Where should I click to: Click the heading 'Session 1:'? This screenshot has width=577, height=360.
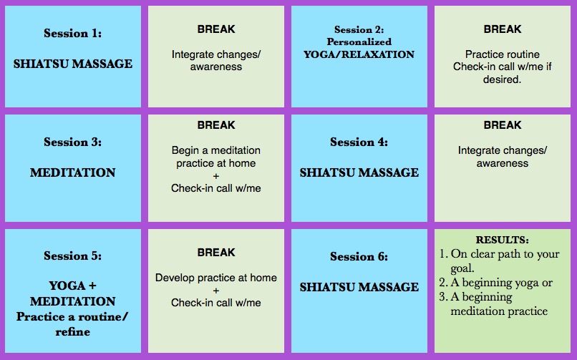(72, 33)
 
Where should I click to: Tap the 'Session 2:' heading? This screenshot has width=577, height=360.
(359, 29)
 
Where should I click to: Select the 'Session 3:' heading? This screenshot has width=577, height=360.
(72, 142)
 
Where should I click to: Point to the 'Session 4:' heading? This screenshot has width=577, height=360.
(359, 142)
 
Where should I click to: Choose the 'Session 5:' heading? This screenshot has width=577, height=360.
(72, 256)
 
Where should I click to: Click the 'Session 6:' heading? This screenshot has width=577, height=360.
(359, 256)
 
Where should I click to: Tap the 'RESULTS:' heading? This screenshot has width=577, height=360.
(503, 240)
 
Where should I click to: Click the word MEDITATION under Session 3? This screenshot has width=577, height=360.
(72, 172)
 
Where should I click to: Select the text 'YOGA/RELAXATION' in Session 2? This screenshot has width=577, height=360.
(359, 54)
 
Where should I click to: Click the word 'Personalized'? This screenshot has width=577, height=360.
(359, 42)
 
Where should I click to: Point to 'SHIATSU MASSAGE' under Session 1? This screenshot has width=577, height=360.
(72, 64)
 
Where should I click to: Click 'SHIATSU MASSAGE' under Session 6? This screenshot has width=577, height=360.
(359, 287)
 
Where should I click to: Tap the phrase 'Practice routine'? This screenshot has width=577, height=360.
(503, 54)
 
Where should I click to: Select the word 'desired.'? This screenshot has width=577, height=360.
(503, 79)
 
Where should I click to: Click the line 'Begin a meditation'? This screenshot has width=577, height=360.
(216, 150)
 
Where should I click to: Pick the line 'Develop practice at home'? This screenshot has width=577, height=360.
(216, 278)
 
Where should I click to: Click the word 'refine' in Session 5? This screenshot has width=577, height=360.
(72, 332)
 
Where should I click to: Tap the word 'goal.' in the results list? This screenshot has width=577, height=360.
(462, 268)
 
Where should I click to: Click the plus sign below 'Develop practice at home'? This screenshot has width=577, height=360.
(216, 291)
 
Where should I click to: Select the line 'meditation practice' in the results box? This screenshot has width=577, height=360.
(499, 311)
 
